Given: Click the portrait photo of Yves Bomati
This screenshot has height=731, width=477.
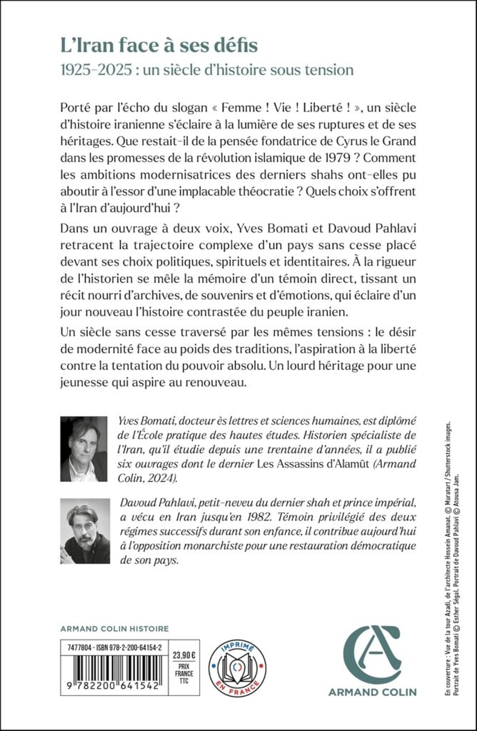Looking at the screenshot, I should pos(84,450).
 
